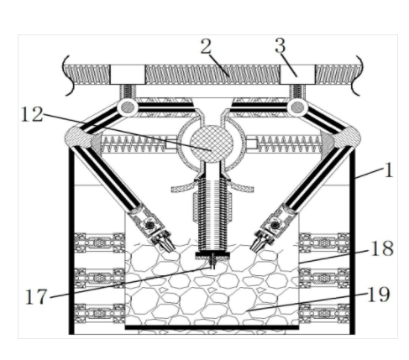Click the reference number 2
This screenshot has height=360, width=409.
(x=206, y=46)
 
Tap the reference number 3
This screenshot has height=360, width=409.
(x=281, y=45)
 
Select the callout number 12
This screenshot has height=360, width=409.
(x=32, y=114)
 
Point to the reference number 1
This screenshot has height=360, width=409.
(x=389, y=170)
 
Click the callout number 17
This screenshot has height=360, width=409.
(x=36, y=297)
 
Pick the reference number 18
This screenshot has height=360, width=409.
(x=382, y=248)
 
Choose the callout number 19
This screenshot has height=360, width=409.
(x=379, y=295)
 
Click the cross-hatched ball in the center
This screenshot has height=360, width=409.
(x=212, y=143)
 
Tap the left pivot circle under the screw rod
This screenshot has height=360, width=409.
(x=128, y=107)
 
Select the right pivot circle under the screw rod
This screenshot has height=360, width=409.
(x=297, y=107)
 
